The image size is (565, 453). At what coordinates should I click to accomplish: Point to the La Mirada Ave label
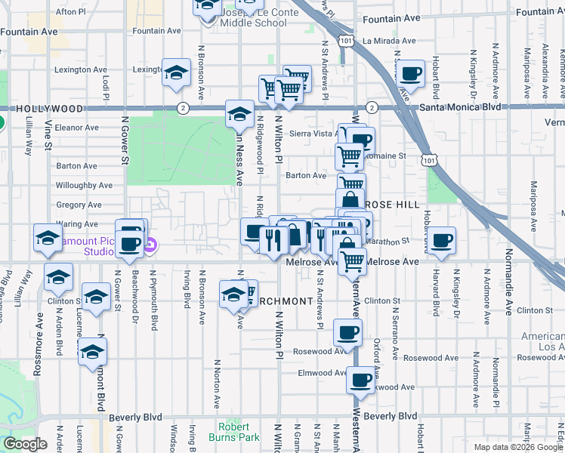[389, 41]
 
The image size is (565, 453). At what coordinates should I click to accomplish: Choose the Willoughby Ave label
[83, 185]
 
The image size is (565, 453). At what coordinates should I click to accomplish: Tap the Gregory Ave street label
[78, 205]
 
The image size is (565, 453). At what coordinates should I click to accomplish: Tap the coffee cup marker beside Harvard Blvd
[442, 241]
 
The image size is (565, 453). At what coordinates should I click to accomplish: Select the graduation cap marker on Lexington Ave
[176, 73]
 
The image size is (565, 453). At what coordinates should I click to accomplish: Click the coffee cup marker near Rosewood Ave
[347, 332]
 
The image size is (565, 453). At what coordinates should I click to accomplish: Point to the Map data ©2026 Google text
[518, 447]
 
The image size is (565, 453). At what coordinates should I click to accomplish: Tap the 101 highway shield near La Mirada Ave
[346, 40]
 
